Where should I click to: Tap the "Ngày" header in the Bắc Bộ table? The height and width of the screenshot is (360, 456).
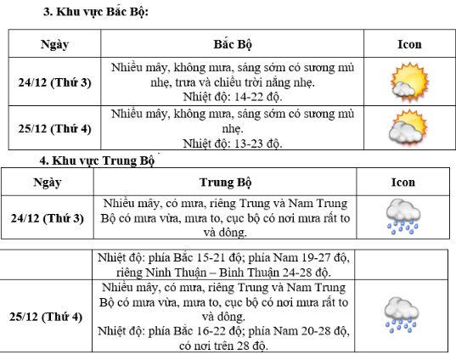(x=54, y=44)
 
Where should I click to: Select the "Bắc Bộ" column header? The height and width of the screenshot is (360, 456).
(x=232, y=44)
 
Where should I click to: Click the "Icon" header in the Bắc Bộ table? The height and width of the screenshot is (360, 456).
(x=408, y=44)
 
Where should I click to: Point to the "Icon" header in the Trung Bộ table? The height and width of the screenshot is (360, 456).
(x=403, y=182)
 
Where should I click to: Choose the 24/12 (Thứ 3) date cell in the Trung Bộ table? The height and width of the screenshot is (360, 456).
(x=50, y=218)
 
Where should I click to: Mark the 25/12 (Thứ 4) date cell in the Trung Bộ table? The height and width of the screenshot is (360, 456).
(x=50, y=317)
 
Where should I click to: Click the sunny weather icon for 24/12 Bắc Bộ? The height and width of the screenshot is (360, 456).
(x=408, y=82)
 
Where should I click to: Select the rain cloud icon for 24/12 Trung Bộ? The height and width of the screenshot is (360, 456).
(x=402, y=217)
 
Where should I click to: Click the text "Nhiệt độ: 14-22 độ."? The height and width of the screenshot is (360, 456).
(x=232, y=96)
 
